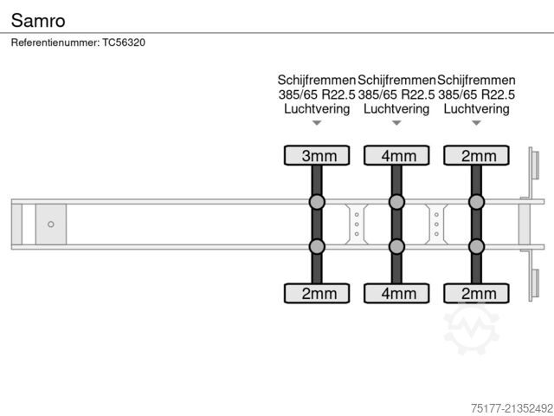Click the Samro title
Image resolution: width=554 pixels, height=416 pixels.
click(38, 21)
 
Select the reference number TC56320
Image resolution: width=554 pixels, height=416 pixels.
click(124, 42)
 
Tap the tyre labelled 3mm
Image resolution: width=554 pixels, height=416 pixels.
click(317, 156)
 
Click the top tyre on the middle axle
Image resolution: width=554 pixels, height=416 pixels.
click(396, 156)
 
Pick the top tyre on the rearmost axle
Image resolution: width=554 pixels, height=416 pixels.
click(477, 156)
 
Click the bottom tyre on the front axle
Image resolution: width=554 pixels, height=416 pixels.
click(317, 293)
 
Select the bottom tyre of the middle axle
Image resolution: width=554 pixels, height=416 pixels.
click(396, 293)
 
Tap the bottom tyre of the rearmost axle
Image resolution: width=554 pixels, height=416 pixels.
click(477, 293)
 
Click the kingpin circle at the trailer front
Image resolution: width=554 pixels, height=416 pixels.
click(51, 224)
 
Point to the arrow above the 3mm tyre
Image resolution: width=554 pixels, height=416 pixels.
click(317, 123)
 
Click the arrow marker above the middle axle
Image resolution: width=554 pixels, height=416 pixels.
click(396, 123)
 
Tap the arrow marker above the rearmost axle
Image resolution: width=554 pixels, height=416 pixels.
click(477, 123)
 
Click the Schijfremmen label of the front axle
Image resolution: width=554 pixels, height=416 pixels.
click(317, 81)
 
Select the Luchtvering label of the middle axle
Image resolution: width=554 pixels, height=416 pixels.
click(396, 109)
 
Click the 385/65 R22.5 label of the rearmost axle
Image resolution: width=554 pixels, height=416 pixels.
click(477, 94)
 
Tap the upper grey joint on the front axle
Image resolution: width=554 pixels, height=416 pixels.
click(317, 202)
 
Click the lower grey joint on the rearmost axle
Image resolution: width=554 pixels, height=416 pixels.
click(477, 246)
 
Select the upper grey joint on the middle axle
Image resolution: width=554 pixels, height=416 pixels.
click(396, 202)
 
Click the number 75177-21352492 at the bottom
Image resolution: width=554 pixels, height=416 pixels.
click(512, 408)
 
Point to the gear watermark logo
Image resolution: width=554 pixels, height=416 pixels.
click(471, 328)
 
